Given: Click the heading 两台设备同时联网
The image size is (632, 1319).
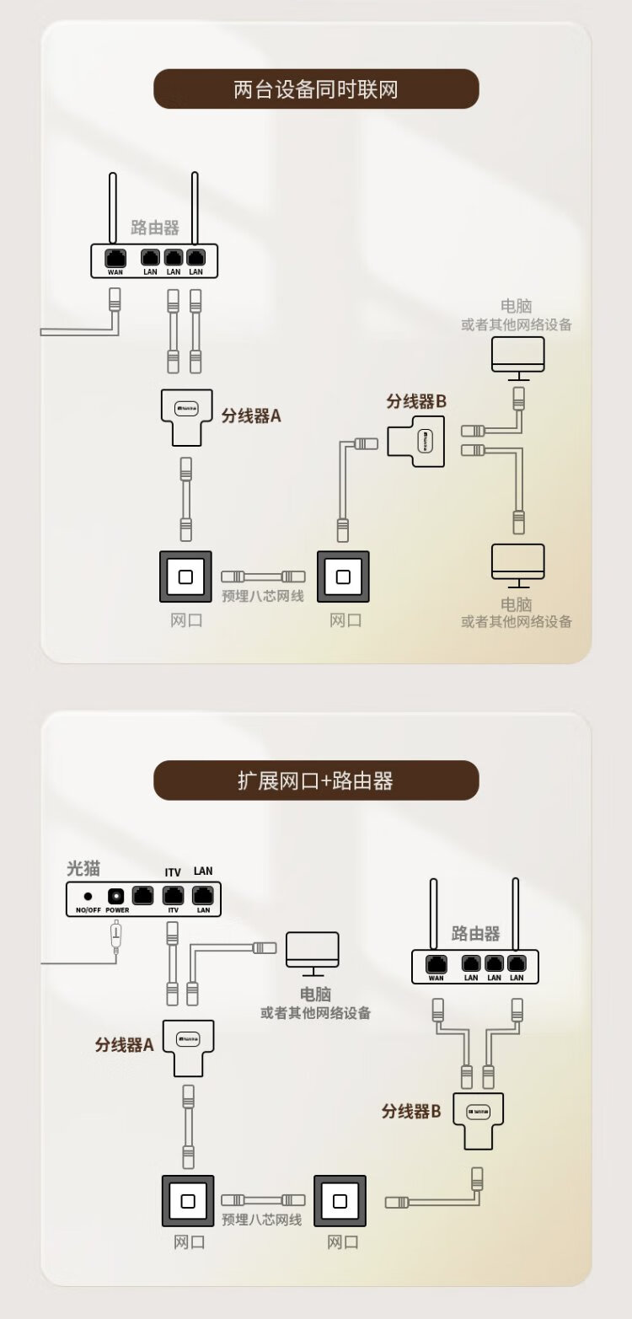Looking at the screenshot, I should click(315, 89).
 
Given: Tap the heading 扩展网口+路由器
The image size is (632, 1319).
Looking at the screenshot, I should click(315, 780).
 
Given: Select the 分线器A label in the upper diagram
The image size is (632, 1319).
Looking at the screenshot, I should click(250, 416).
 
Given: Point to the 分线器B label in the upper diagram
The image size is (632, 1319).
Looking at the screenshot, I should click(416, 401).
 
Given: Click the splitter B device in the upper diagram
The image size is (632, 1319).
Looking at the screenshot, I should click(418, 441).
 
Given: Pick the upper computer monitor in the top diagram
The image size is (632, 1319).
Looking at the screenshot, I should click(518, 355).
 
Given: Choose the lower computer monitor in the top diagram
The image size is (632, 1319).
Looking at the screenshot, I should click(518, 562).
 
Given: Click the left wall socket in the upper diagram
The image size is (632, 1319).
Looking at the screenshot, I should click(186, 577).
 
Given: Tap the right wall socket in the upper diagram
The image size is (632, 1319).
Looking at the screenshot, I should click(343, 577).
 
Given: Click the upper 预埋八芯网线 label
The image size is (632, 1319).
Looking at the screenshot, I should click(262, 597).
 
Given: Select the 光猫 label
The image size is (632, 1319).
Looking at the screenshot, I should click(83, 869).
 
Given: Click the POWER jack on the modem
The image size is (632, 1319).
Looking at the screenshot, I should click(116, 896).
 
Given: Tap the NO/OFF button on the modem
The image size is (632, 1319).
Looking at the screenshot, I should click(88, 897).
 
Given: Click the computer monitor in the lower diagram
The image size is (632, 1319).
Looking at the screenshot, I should click(313, 950).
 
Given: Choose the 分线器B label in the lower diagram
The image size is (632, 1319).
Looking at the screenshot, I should click(411, 1112).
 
